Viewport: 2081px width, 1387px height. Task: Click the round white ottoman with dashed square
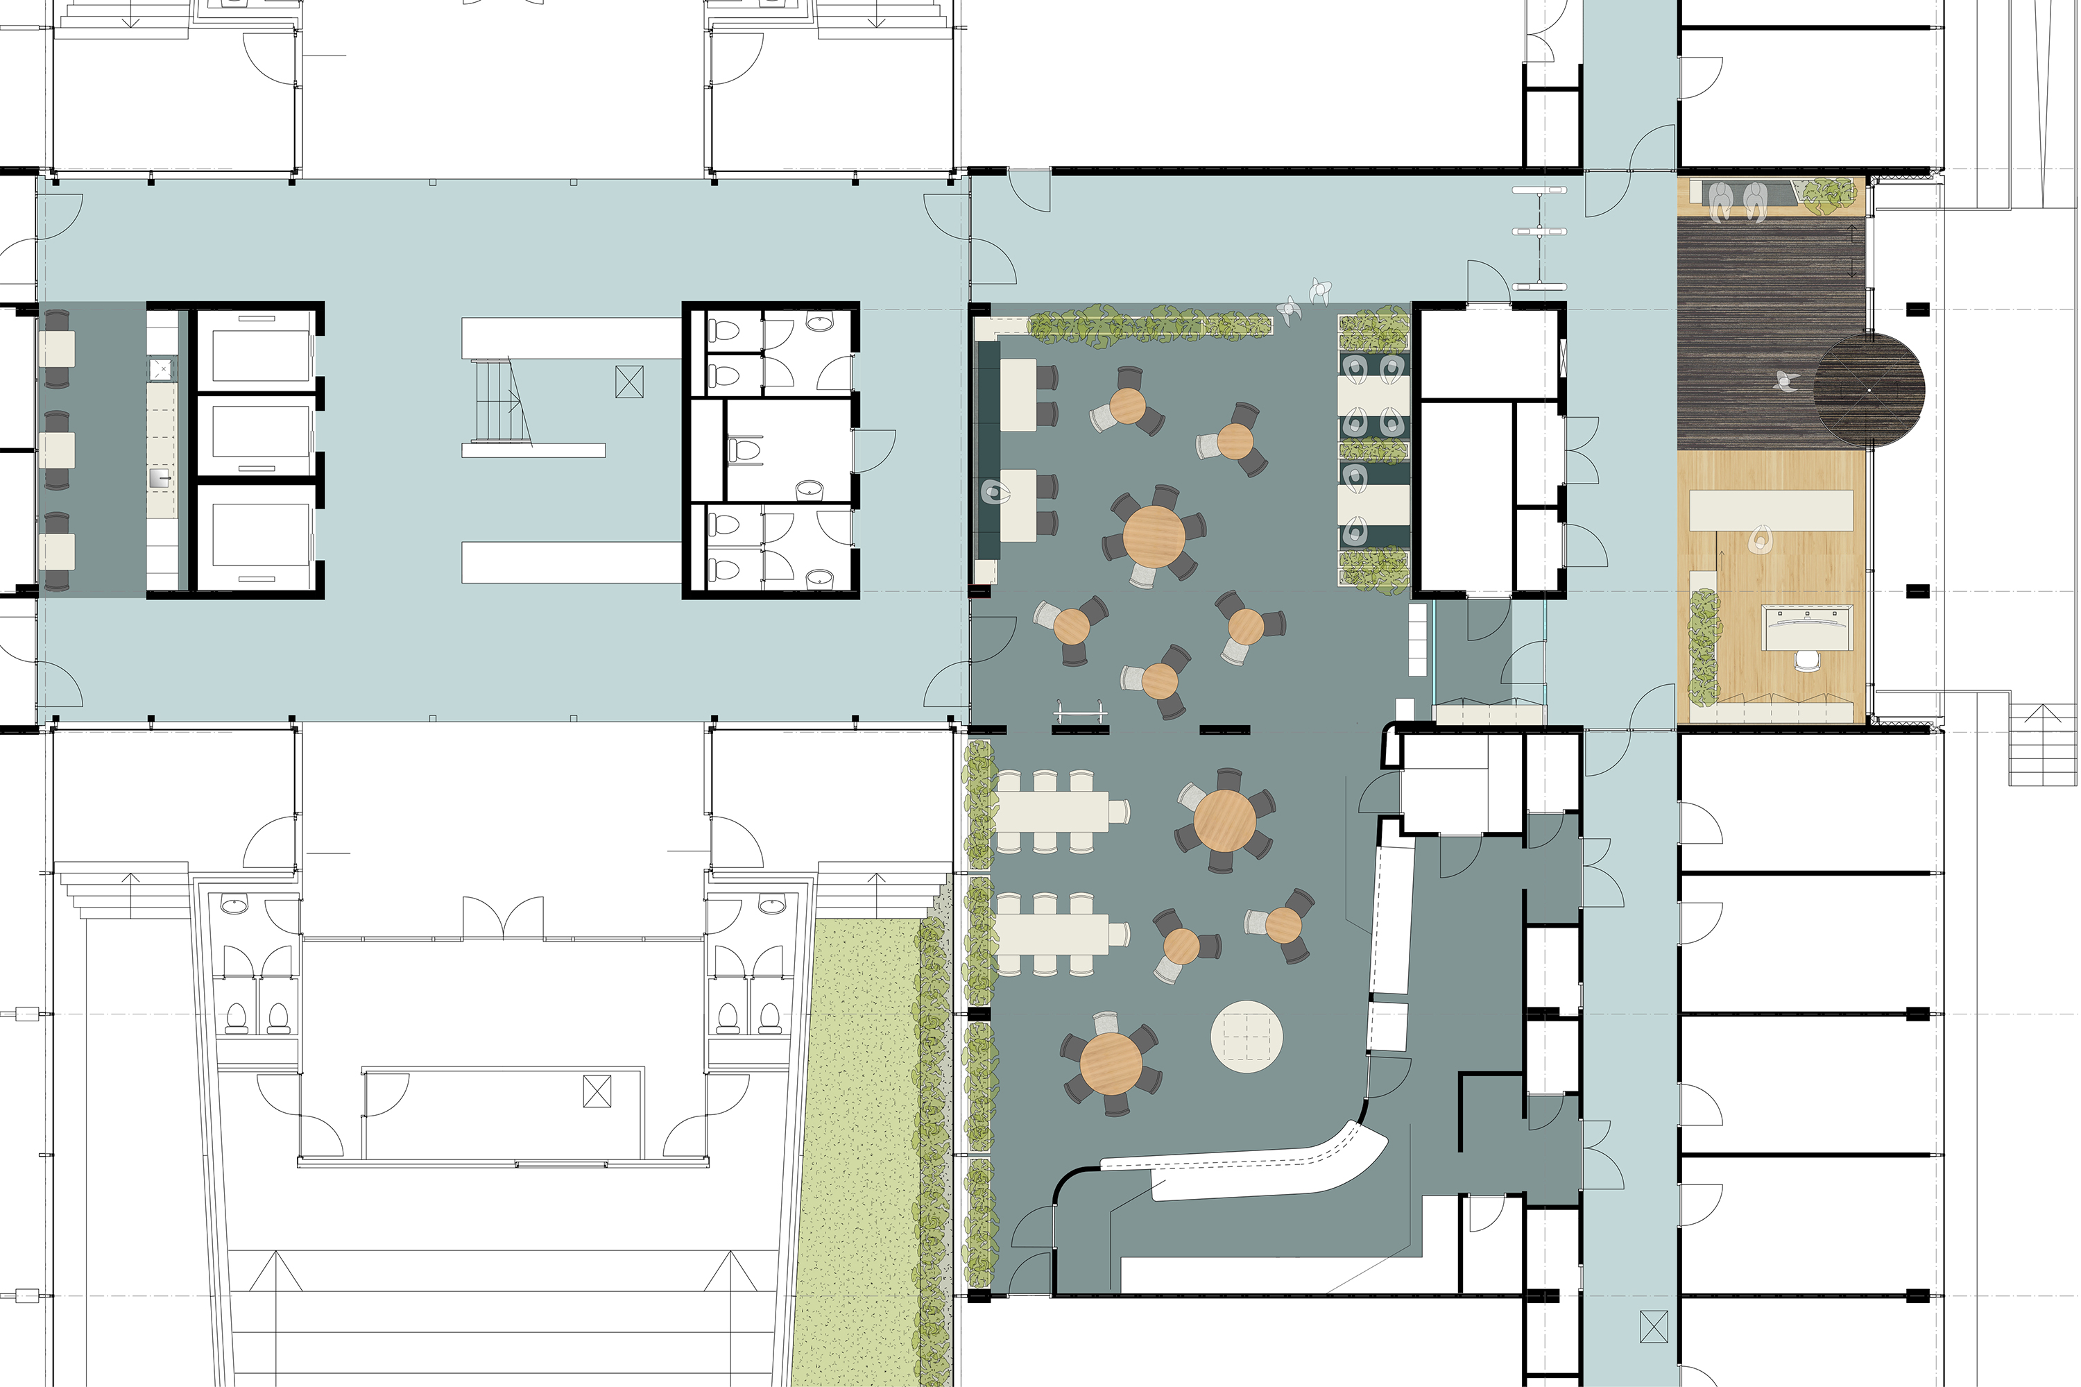click(x=1246, y=1036)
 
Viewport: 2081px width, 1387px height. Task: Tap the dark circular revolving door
click(x=1869, y=390)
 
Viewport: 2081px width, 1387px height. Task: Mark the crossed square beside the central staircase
click(x=629, y=382)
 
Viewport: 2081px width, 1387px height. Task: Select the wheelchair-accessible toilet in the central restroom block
click(x=746, y=450)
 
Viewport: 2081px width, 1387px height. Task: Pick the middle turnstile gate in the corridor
click(x=1539, y=232)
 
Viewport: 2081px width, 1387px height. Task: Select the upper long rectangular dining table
click(x=1052, y=812)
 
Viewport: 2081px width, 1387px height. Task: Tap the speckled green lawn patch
click(x=858, y=1150)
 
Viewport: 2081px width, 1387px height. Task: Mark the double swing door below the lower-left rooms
click(x=503, y=917)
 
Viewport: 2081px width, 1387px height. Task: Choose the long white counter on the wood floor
click(x=1770, y=511)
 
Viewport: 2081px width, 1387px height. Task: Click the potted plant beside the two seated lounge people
click(x=1828, y=194)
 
